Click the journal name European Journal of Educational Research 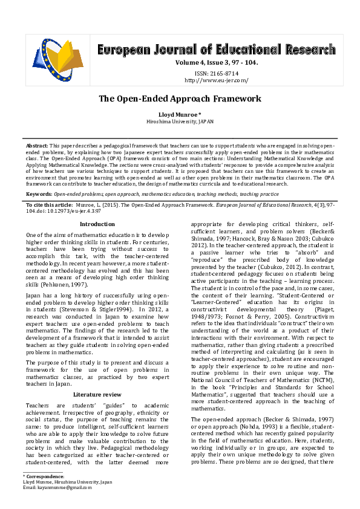[x=216, y=50]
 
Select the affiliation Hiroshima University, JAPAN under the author [x=180, y=121]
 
